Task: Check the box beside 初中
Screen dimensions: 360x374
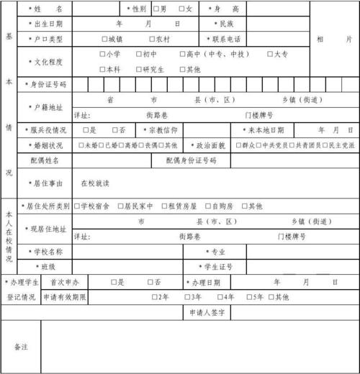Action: tap(137, 54)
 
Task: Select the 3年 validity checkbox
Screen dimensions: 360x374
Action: tap(187, 296)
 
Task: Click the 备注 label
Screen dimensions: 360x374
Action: tap(21, 347)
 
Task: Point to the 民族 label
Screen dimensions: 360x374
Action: tap(225, 24)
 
